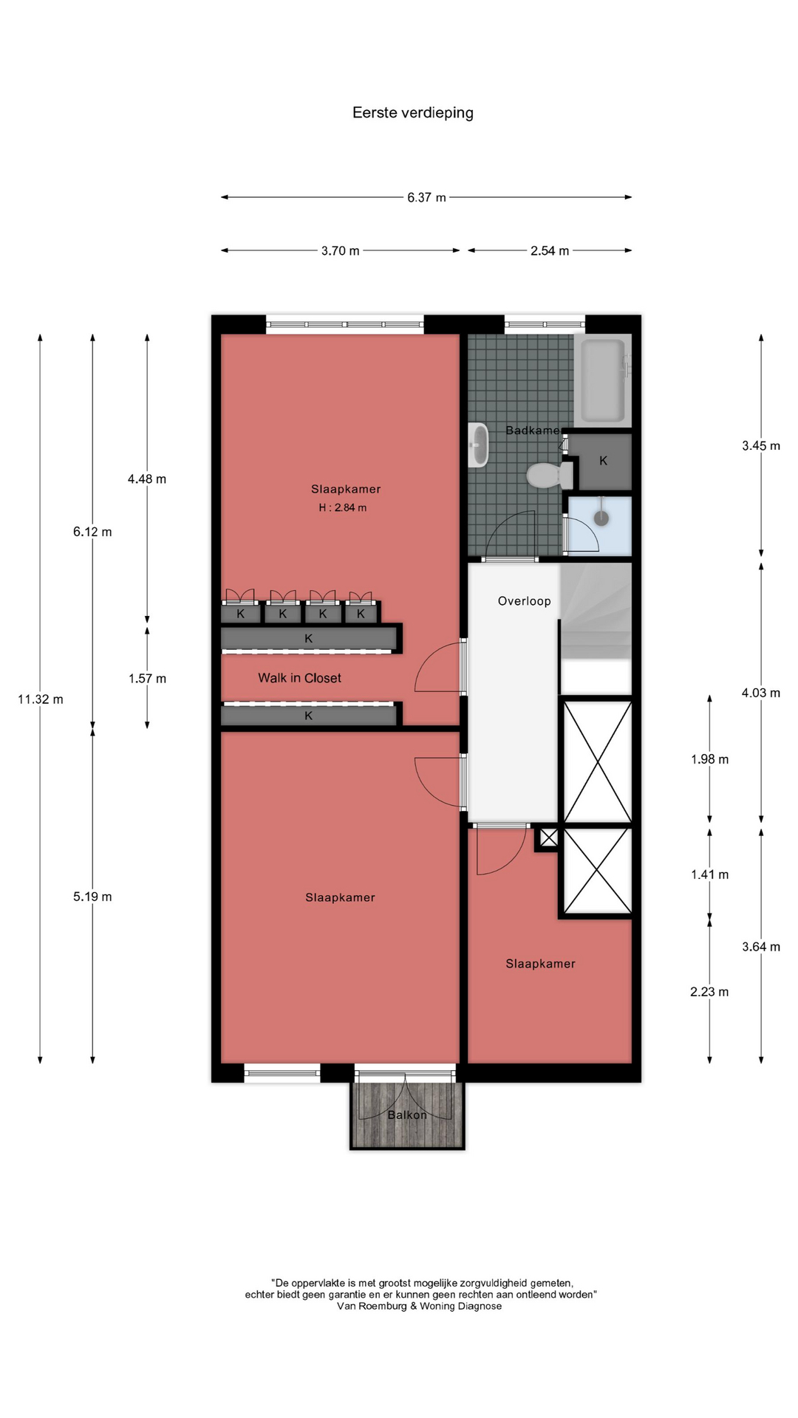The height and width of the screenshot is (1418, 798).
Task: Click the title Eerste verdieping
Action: click(412, 113)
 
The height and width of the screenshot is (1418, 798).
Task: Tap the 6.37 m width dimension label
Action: click(426, 198)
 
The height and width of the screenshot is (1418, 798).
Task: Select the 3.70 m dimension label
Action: click(340, 251)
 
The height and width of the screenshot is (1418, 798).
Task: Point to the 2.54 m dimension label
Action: click(550, 251)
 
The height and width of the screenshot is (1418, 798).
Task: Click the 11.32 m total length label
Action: click(41, 699)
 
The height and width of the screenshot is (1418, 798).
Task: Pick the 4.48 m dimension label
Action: click(147, 479)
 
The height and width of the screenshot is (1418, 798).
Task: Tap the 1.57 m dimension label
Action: click(147, 679)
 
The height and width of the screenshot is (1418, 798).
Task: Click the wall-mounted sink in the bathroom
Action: click(478, 445)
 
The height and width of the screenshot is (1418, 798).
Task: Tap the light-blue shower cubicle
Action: click(599, 524)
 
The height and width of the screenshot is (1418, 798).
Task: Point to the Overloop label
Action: click(524, 601)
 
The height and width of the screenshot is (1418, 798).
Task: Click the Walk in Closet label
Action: click(299, 678)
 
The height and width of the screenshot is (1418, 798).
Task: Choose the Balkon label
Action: click(407, 1115)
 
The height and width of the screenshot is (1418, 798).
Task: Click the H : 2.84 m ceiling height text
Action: click(342, 508)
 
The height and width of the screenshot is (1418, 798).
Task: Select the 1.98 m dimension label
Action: click(709, 759)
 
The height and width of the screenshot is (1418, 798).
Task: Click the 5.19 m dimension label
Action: click(92, 897)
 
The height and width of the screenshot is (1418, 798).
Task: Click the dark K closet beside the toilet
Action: click(604, 462)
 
